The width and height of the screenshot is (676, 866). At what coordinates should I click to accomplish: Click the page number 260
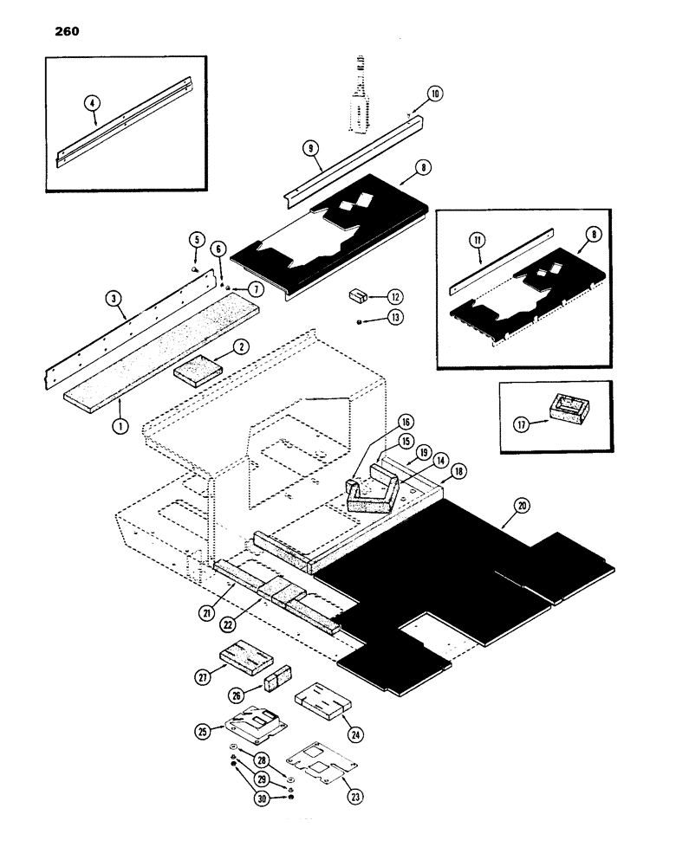[x=60, y=32]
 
